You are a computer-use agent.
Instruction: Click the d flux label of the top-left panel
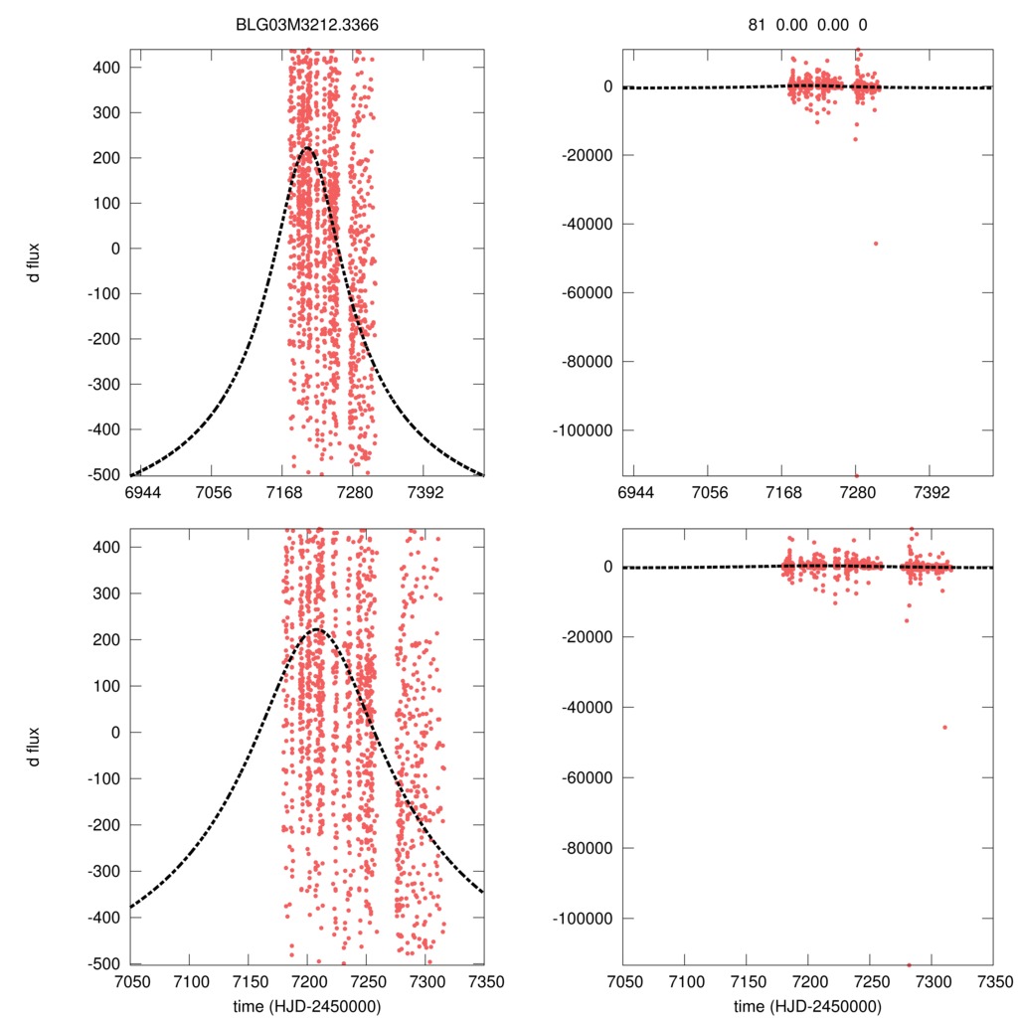[35, 262]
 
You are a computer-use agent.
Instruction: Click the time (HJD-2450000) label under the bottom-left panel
[306, 1006]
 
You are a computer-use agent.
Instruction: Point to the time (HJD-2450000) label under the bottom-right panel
[808, 1006]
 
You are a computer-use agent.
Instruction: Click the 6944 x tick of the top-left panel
[143, 492]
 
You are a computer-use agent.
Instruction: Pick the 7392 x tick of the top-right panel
[931, 492]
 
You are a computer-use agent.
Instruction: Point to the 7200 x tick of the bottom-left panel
[307, 982]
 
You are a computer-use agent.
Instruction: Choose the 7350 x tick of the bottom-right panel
[992, 982]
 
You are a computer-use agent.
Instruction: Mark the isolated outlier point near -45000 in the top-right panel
[876, 244]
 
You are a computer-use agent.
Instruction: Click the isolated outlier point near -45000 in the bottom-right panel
[944, 728]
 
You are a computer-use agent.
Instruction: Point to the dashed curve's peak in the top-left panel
[306, 148]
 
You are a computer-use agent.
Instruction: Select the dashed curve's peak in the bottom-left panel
[317, 629]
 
